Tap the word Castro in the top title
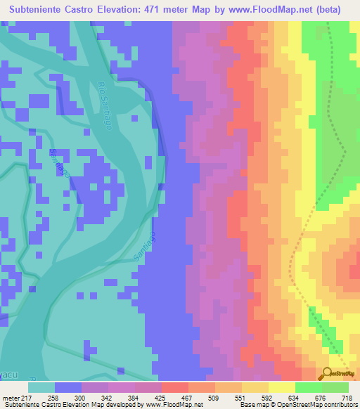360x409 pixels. [80, 9]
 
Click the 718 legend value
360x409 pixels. [346, 397]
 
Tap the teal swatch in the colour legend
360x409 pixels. [41, 387]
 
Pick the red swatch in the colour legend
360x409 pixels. [175, 387]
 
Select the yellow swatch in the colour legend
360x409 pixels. [282, 387]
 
